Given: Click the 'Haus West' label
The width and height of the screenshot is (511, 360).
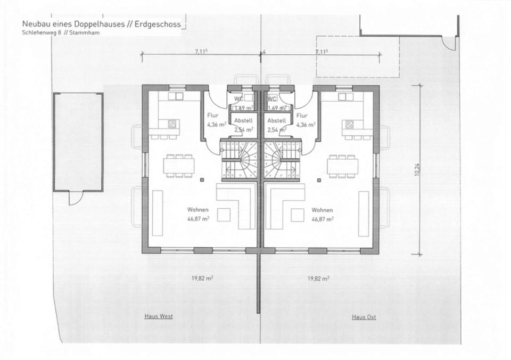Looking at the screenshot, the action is coord(159,316).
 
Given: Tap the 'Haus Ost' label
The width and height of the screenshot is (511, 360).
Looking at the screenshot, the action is coord(364,317).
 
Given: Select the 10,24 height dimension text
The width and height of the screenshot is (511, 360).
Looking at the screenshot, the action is coord(416,169).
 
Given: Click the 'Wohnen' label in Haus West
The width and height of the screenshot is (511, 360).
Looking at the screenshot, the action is coord(198,210).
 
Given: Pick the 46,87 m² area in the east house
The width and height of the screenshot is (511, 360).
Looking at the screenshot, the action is coord(323,219).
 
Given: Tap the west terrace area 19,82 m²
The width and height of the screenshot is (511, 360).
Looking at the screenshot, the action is coord(202,279).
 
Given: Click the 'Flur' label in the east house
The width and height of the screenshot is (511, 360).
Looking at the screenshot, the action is coord(302,116).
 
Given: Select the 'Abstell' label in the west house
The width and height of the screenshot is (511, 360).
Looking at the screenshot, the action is coord(243,121).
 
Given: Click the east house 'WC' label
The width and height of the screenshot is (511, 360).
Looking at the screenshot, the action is coord(272,99).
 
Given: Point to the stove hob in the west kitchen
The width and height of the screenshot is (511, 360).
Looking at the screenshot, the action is coord(172,124).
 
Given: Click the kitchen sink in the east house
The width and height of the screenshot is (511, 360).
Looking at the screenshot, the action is coord(346,96).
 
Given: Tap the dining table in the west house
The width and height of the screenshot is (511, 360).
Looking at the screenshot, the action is coord(179,166).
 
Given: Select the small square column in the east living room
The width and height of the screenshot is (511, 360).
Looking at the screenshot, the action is coord(319,179).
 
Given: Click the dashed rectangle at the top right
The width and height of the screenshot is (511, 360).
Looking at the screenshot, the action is coord(358,56).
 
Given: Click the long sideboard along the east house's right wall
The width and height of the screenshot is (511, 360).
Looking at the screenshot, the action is coord(364,214).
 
